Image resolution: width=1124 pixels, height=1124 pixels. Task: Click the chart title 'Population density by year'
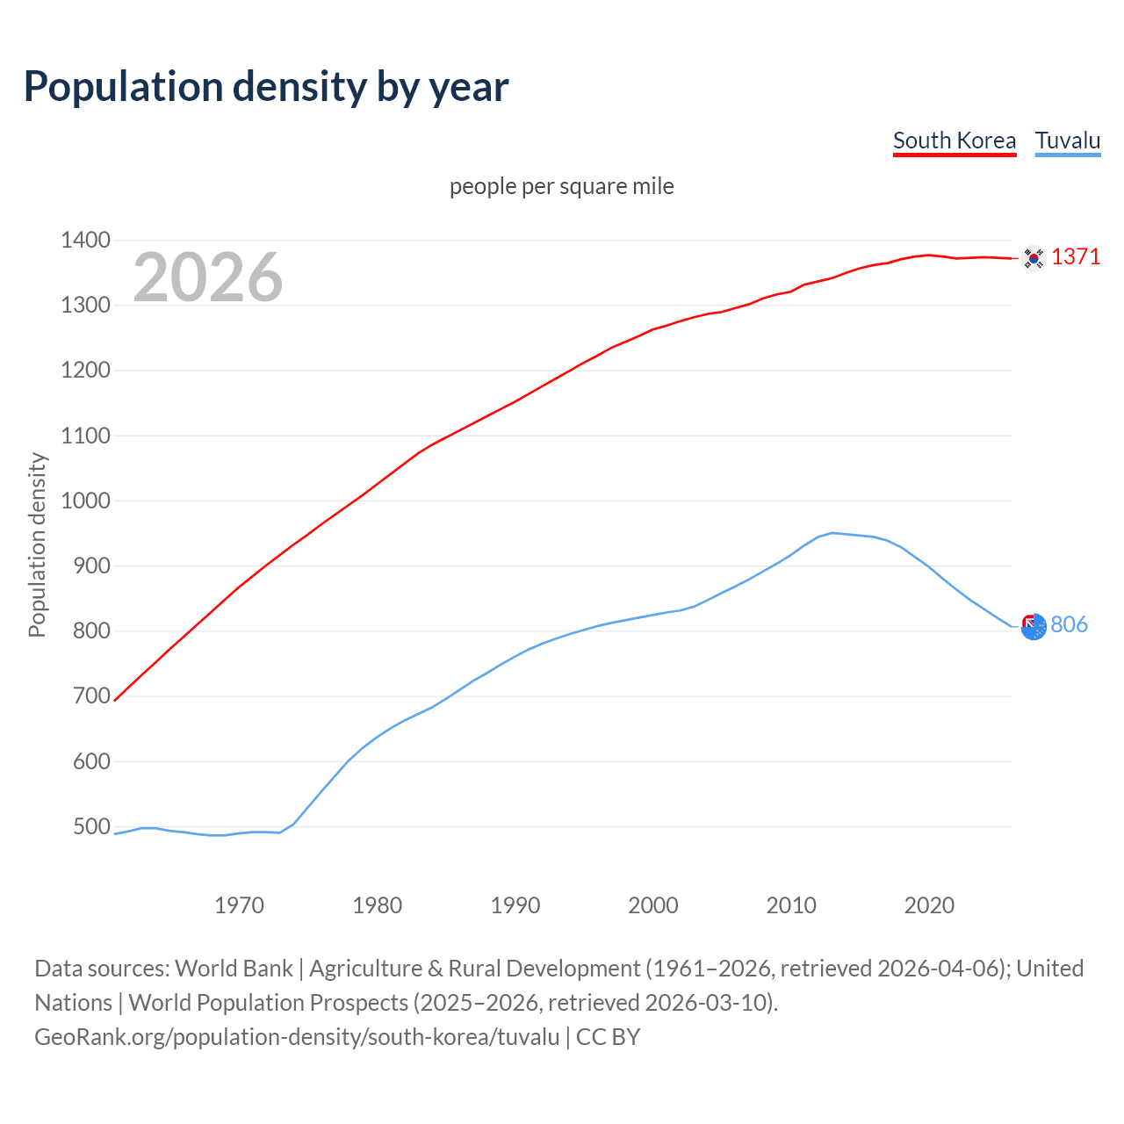click(x=266, y=87)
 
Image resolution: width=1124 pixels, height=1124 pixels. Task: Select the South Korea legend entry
click(x=954, y=140)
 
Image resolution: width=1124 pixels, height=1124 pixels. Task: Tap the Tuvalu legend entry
click(x=1067, y=140)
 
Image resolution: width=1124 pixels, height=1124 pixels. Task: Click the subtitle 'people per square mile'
click(x=561, y=186)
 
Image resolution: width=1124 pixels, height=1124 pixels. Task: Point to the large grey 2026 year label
click(x=208, y=277)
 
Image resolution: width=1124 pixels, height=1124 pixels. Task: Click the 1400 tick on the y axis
click(x=85, y=240)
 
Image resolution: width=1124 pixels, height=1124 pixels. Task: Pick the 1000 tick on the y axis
click(x=85, y=501)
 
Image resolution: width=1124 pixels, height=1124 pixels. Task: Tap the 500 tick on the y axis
click(x=90, y=826)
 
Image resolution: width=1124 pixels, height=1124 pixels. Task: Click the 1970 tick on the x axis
click(x=239, y=905)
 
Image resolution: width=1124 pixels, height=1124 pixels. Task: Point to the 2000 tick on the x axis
click(x=653, y=905)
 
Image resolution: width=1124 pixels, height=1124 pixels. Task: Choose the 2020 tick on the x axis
click(x=929, y=905)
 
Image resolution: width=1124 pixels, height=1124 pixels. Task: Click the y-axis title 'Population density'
click(x=37, y=544)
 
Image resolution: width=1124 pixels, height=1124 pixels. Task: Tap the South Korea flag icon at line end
click(x=1034, y=258)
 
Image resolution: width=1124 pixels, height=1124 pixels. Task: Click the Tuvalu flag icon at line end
click(x=1034, y=626)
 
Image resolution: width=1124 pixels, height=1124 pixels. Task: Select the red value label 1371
click(x=1075, y=256)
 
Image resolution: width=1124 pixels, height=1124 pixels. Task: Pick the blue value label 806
click(x=1069, y=624)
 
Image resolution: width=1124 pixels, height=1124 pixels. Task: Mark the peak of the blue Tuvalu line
click(x=832, y=532)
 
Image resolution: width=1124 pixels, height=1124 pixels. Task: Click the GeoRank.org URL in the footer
click(x=297, y=1037)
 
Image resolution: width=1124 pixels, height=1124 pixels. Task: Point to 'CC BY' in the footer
click(x=608, y=1037)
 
